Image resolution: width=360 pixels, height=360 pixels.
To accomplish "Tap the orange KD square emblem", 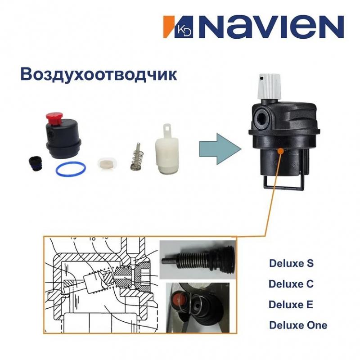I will [x=172, y=27].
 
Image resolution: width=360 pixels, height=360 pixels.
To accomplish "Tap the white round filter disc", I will [x=107, y=162].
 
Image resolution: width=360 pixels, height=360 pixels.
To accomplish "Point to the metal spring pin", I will [x=135, y=157].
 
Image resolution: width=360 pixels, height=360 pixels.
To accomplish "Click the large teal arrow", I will [x=217, y=148].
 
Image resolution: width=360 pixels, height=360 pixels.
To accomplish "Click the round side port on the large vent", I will [x=262, y=114].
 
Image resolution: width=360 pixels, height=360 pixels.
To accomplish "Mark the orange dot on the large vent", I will [x=281, y=152].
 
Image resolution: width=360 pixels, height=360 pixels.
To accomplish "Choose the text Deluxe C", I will [x=291, y=284].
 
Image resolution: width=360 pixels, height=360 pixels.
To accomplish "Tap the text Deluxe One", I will [x=298, y=325].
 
